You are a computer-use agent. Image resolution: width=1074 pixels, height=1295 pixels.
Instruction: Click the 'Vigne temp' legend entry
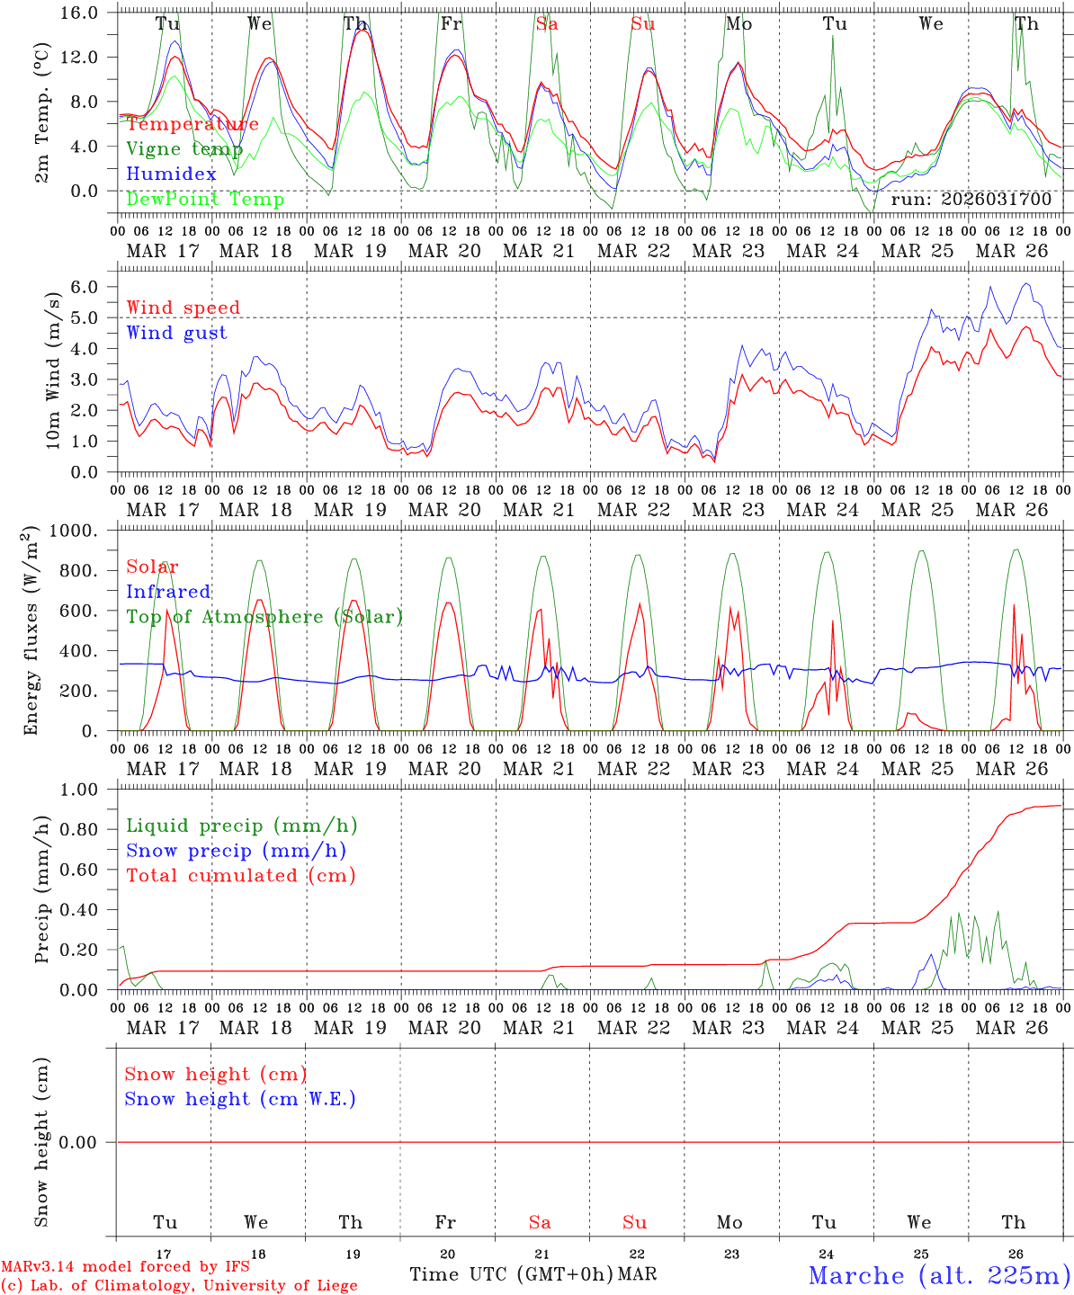click(x=184, y=149)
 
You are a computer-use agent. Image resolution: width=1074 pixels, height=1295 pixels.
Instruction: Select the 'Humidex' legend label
click(x=171, y=174)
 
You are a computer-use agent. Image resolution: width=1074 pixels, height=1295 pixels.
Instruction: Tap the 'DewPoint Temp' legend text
click(x=205, y=199)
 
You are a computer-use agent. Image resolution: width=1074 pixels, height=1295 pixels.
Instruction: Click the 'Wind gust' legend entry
click(x=176, y=333)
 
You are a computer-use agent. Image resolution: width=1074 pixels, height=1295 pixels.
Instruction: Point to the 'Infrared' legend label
click(x=168, y=592)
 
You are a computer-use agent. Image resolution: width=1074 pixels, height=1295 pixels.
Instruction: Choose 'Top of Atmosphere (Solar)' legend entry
click(x=264, y=617)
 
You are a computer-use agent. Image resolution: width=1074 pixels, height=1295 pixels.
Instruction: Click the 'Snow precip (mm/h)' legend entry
click(x=236, y=851)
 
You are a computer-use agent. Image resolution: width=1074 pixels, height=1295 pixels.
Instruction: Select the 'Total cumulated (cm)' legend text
click(x=240, y=875)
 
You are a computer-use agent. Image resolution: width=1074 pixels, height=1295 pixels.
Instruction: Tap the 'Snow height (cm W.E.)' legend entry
click(x=240, y=1099)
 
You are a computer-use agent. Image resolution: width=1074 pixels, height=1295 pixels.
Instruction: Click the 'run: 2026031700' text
click(x=971, y=199)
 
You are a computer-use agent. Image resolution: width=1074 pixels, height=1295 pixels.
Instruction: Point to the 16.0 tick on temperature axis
click(x=80, y=13)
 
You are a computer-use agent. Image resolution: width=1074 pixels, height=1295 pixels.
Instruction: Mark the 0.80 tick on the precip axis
click(x=78, y=829)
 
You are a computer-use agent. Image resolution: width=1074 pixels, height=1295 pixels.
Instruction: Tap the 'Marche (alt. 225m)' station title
click(x=938, y=1275)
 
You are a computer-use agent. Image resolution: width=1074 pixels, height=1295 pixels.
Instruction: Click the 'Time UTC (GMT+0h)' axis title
click(x=512, y=1274)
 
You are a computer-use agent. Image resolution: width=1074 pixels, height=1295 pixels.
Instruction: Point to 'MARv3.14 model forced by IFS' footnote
click(x=125, y=1267)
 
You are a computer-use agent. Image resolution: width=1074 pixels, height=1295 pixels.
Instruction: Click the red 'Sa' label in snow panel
click(x=540, y=1222)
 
